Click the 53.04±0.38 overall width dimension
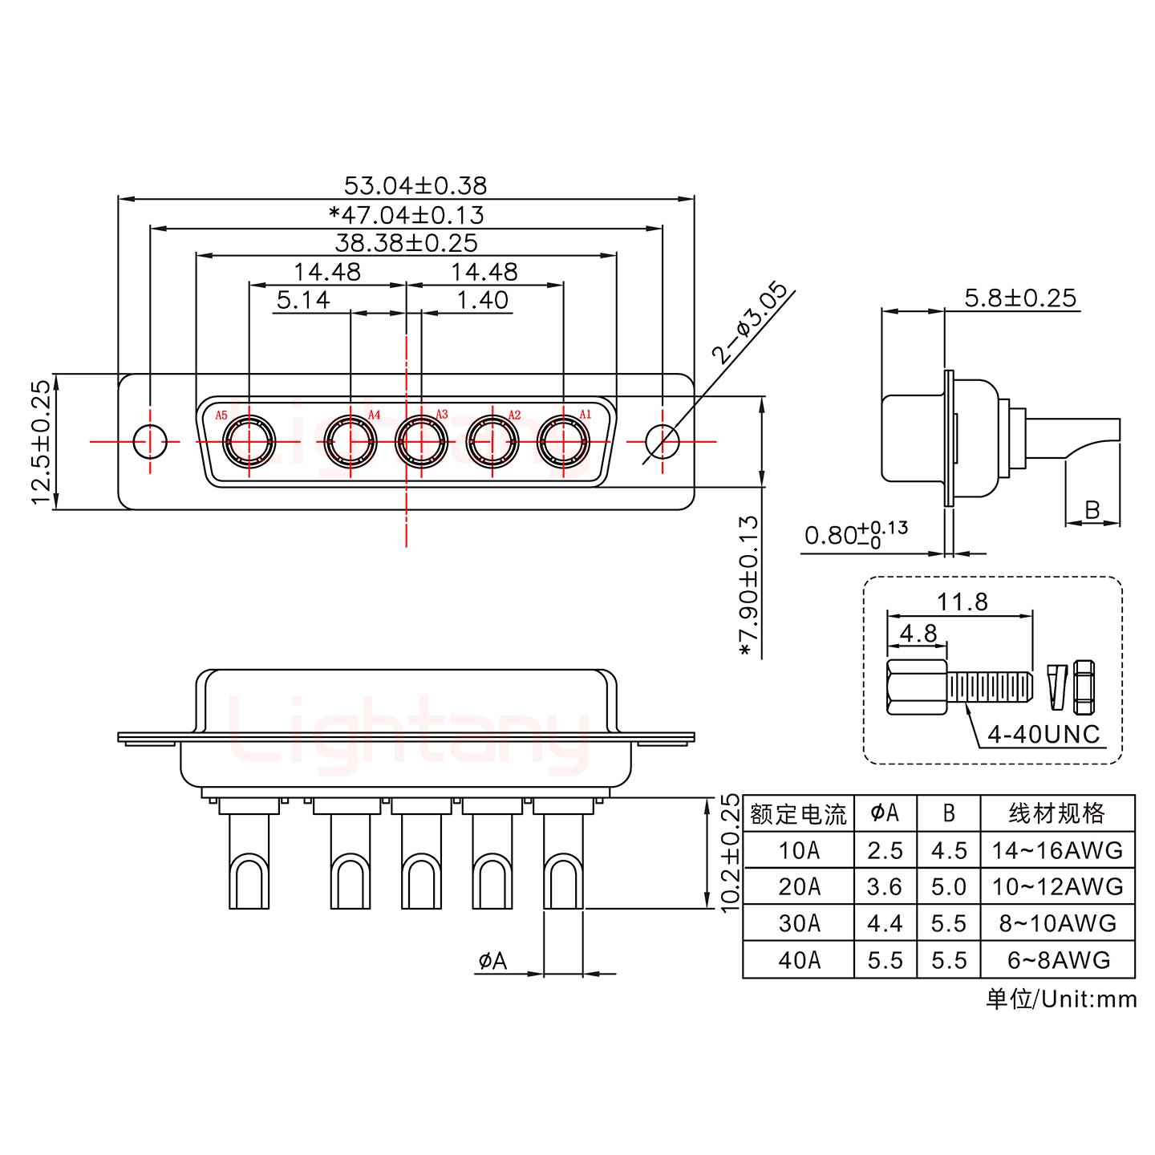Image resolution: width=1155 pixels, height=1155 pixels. coord(415,185)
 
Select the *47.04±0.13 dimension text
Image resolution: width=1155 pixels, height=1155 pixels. coord(407,215)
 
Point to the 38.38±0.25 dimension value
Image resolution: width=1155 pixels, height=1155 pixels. coord(406,242)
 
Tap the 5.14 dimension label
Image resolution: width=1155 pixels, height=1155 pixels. coord(303,300)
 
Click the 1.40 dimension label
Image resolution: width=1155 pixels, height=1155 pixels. coord(482,300)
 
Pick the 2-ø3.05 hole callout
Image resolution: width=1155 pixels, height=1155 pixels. coord(749,322)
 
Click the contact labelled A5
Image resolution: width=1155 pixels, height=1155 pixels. coord(249,440)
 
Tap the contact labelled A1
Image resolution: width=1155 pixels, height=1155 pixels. coord(563,440)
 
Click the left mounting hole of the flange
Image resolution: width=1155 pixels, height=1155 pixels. coord(149,440)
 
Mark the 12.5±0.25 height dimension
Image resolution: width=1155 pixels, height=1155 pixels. coord(41,442)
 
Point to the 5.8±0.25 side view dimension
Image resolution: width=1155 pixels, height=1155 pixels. coord(1019,298)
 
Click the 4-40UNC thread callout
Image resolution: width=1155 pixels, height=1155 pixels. coord(1043,734)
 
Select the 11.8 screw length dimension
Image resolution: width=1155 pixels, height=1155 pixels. coord(962,602)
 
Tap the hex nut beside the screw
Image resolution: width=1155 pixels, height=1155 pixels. coord(1084,687)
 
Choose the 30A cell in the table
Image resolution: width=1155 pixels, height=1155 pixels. coord(799,923)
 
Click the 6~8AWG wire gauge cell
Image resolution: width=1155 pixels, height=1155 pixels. coord(1058,960)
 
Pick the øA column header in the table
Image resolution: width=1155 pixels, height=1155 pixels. coord(885,813)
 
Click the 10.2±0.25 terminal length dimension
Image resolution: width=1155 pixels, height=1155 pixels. coord(729,853)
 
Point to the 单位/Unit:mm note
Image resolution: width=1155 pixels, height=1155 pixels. coord(1060,999)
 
